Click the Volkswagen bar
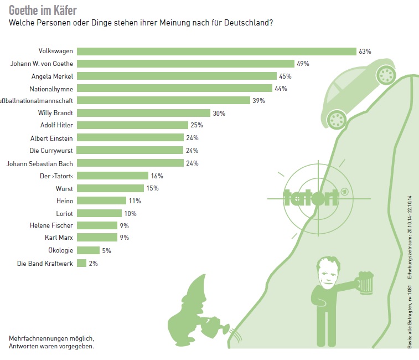[216, 51]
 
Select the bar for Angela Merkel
[176, 76]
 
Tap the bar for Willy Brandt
[143, 114]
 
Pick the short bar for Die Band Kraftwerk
[82, 264]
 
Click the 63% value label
[365, 51]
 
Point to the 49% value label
[303, 64]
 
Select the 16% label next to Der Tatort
[157, 176]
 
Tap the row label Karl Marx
[59, 238]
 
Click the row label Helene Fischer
[51, 226]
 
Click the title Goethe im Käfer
[43, 10]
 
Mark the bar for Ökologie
[88, 251]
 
